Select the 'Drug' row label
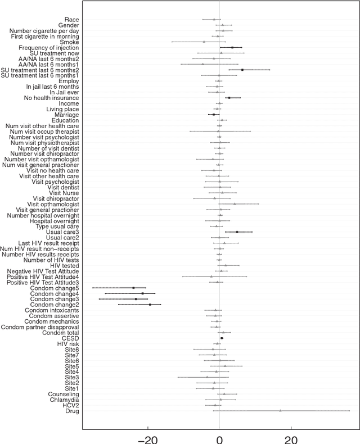(x=73, y=411)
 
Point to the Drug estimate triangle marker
(x=280, y=411)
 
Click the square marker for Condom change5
(x=133, y=288)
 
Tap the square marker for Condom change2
(x=150, y=305)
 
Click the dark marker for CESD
(x=222, y=338)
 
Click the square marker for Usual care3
(x=237, y=232)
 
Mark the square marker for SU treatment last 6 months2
(x=242, y=70)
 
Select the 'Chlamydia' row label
(x=63, y=400)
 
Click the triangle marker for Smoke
(x=204, y=42)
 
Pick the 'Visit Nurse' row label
(x=64, y=193)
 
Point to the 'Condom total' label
(x=61, y=332)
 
